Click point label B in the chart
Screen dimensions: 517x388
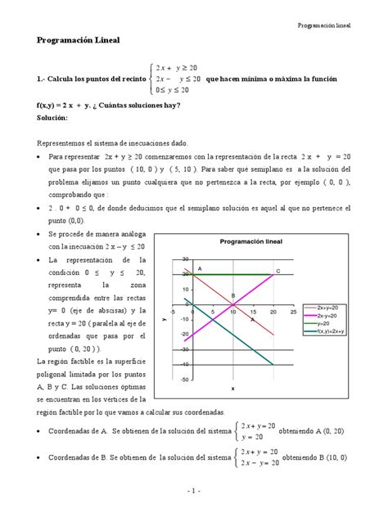point(232,295)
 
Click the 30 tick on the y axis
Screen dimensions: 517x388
point(186,258)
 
